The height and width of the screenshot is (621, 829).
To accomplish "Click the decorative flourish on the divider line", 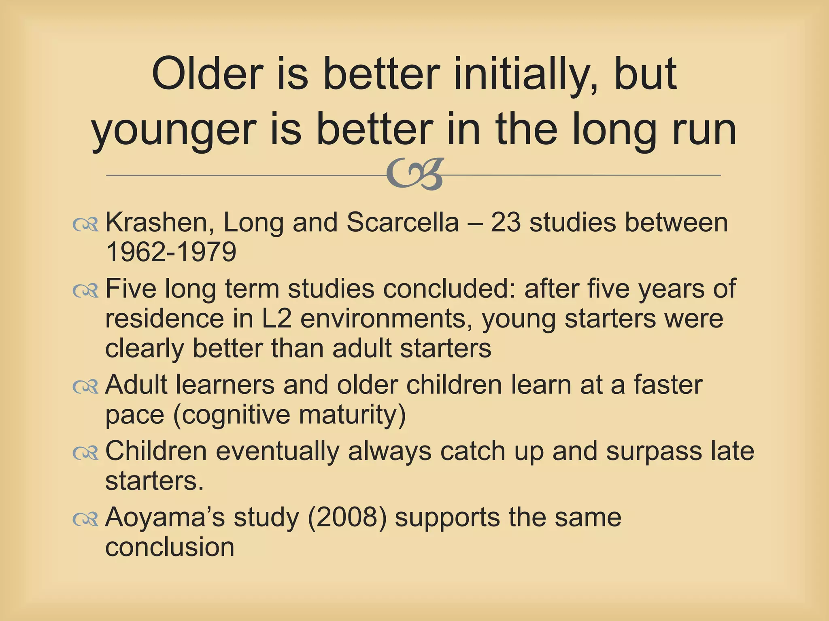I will point(415,174).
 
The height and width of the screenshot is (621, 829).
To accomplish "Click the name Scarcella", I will point(402,223).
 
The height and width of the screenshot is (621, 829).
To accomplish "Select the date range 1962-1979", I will point(171,252).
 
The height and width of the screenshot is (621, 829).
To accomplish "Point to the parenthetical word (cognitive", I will point(230,415).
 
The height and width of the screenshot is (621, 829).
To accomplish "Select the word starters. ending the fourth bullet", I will point(154,481).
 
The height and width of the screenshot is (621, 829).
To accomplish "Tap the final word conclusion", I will point(170,547).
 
